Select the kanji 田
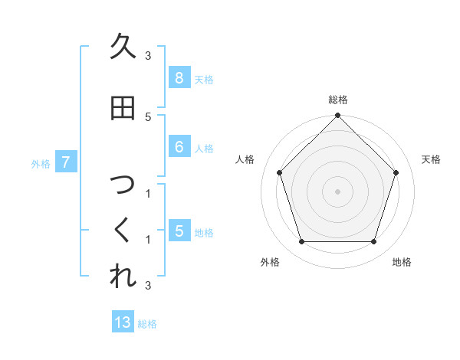tap(122, 109)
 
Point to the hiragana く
tap(122, 231)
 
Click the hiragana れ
tap(122, 276)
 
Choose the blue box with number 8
tap(179, 77)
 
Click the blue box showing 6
tap(179, 147)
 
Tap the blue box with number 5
tap(179, 231)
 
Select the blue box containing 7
tap(66, 162)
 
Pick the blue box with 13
tap(123, 322)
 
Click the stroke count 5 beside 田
tap(148, 116)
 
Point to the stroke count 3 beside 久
tap(148, 55)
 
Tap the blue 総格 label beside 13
tap(147, 324)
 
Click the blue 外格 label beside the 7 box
tap(41, 163)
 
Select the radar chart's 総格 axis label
tap(337, 100)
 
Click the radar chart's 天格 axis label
tap(431, 159)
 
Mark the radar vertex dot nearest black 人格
tap(280, 172)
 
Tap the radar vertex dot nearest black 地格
tap(373, 242)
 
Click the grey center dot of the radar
tap(337, 191)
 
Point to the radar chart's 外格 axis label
tap(270, 262)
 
